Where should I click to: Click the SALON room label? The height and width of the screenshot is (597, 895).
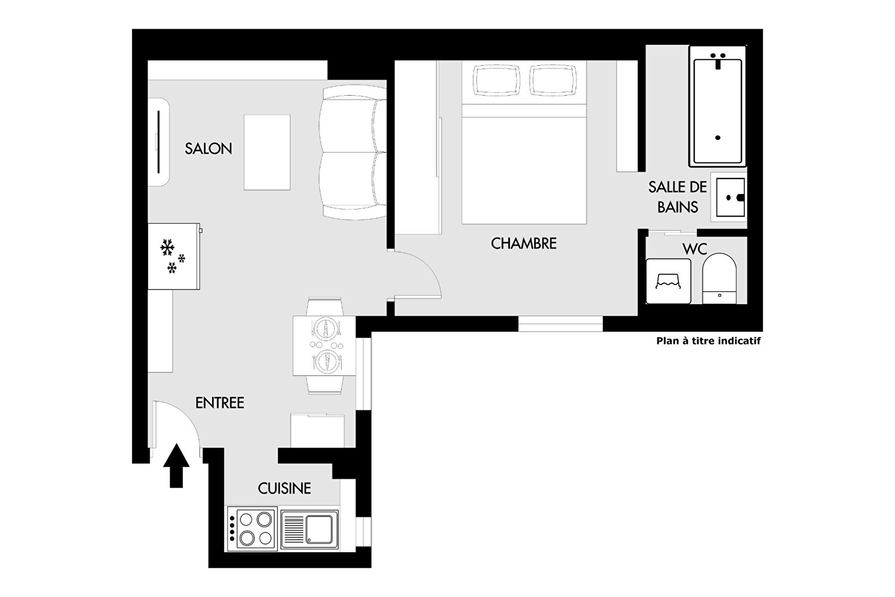tap(208, 149)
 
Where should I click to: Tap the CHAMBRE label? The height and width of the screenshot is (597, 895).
tap(523, 244)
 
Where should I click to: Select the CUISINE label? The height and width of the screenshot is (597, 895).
tap(284, 488)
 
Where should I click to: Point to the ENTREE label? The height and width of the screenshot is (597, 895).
tap(219, 402)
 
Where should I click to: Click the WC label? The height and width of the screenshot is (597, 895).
tap(695, 249)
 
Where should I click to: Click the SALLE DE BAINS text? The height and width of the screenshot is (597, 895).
tap(678, 197)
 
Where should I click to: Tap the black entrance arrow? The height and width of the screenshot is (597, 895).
tap(176, 465)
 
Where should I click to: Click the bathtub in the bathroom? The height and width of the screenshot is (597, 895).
tap(718, 106)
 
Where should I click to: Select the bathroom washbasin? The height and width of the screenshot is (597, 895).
tap(730, 197)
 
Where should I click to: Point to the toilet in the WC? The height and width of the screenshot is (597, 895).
tap(719, 278)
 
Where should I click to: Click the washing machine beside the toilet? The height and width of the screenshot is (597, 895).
tap(668, 281)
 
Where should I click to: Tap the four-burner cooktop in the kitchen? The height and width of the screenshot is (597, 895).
tap(252, 528)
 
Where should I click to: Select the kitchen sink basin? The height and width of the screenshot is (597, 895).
tap(319, 529)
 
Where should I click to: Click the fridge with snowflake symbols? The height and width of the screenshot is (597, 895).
tap(174, 256)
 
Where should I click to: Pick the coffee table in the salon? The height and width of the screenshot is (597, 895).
tap(267, 153)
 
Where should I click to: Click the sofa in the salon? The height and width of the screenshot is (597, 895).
tap(353, 152)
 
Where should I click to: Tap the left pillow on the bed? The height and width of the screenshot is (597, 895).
tap(496, 80)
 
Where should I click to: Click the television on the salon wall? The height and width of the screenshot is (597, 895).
tap(159, 142)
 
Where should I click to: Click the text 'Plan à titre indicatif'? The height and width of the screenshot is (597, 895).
tap(708, 341)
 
